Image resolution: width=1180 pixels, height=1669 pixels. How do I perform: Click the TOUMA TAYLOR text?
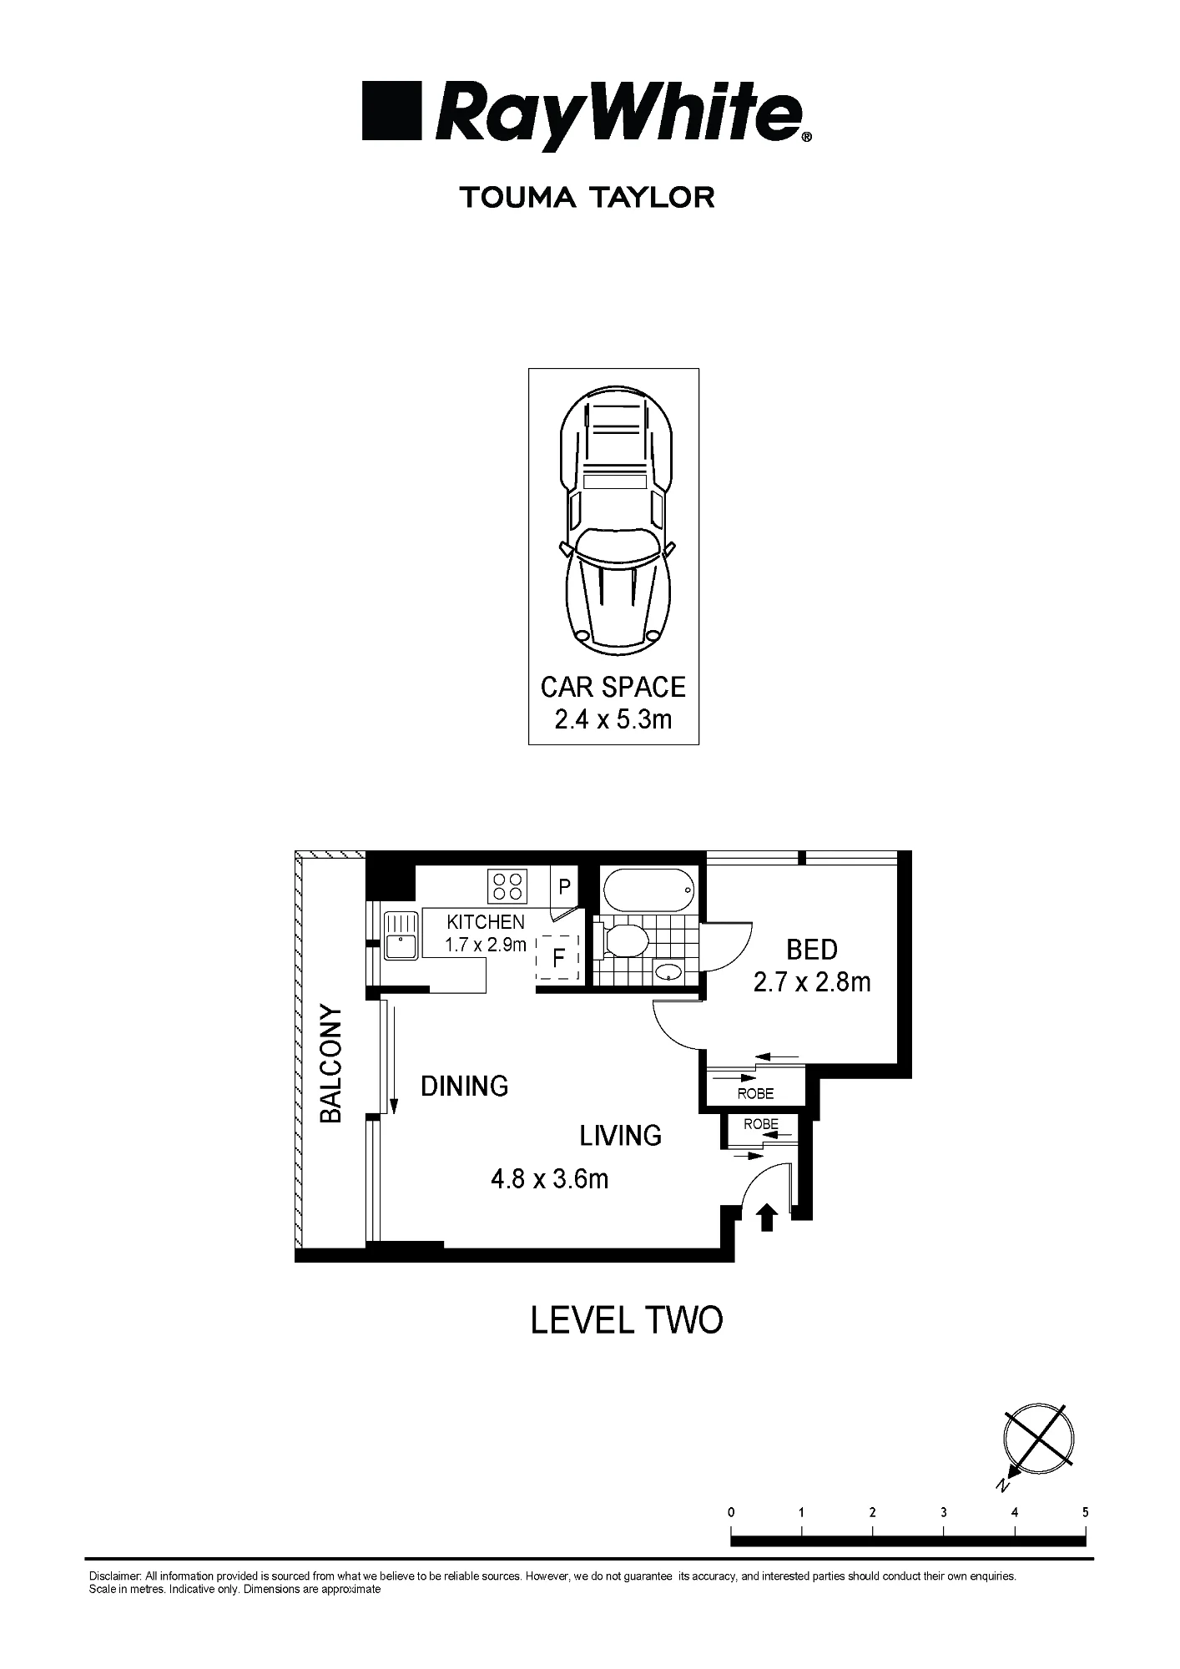pos(587,198)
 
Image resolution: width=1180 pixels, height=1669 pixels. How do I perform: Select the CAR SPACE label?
pos(613,688)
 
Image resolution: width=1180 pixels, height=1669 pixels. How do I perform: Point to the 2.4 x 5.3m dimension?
pos(613,719)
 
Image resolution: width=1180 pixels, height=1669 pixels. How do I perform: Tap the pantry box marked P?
pos(564,887)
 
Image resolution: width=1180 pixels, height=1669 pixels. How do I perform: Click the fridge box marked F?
pos(558,958)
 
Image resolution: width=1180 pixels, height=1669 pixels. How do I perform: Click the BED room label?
pos(812,950)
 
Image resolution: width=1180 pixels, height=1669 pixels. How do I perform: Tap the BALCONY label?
pos(331,1064)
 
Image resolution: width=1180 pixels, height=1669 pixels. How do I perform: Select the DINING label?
pos(465,1086)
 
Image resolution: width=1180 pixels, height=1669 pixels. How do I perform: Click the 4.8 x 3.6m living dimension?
pos(550,1179)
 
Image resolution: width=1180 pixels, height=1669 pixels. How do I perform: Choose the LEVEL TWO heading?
pos(627,1320)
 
